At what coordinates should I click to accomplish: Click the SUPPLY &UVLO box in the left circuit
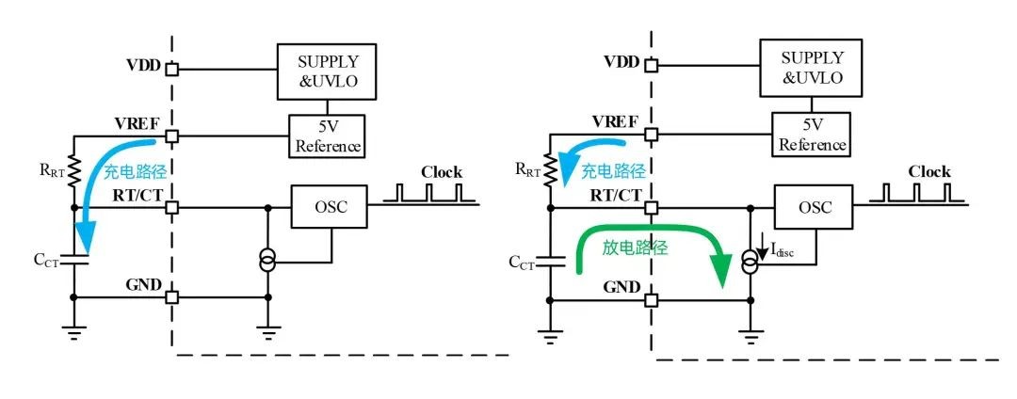coord(326,72)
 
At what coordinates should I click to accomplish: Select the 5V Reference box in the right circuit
coord(812,134)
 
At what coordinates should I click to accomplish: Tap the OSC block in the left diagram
coord(329,207)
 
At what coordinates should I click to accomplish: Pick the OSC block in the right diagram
coord(814,207)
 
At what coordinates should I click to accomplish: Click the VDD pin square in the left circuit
coord(172,68)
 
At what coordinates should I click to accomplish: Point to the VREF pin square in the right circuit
coord(652,135)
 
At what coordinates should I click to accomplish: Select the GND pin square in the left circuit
coord(172,297)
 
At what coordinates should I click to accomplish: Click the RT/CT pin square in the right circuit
coord(652,207)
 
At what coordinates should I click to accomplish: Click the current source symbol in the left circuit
coord(267,263)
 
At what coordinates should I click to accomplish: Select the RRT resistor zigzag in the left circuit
coord(73,169)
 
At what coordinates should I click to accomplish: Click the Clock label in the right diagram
coord(928,171)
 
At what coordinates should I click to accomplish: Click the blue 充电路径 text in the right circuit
coord(613,172)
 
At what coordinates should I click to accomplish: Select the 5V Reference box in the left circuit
coord(327,136)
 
